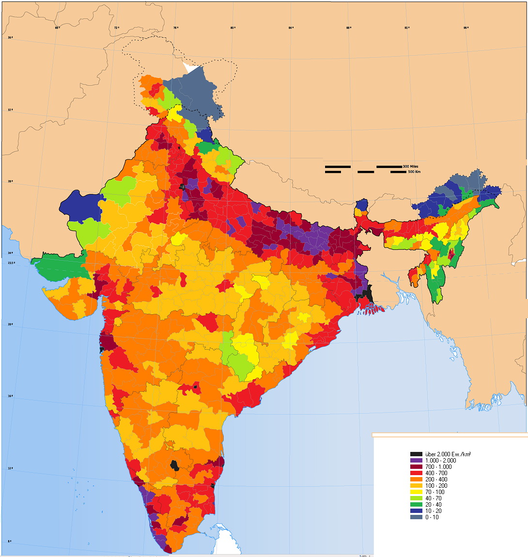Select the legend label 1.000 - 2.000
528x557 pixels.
(440, 460)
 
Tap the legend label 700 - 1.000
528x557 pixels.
(438, 466)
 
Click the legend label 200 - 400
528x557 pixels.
(436, 479)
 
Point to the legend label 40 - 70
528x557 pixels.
(435, 498)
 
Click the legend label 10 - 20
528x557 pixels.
(435, 511)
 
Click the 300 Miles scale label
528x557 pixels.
(410, 166)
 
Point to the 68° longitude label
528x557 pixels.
(57, 28)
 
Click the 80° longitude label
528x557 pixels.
(233, 28)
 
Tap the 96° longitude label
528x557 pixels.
(466, 28)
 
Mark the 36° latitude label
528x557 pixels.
(10, 37)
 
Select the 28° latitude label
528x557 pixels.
(10, 181)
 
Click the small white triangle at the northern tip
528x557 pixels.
(190, 69)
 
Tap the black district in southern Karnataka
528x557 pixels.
(174, 465)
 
